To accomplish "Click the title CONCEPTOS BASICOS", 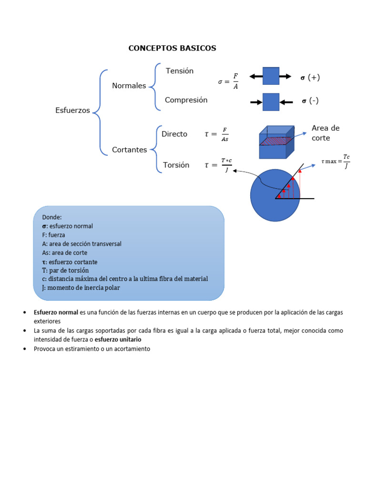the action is (x=172, y=48).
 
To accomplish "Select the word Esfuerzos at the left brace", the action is (x=72, y=110).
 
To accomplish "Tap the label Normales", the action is (x=129, y=86).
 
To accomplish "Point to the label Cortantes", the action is (x=130, y=150).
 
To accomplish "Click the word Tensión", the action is (x=180, y=71).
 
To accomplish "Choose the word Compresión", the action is (x=186, y=100).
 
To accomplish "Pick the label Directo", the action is (x=174, y=134).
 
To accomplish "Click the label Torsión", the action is (x=176, y=165).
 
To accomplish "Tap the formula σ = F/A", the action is (x=228, y=81).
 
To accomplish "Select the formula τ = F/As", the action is (x=216, y=134).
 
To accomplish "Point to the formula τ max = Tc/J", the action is (x=336, y=161).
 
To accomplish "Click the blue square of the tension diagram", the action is (x=271, y=76).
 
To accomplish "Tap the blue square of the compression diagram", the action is (x=271, y=102).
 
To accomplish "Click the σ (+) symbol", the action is (x=310, y=78).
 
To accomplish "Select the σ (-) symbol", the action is (x=310, y=101).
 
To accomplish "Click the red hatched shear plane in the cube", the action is (x=275, y=141).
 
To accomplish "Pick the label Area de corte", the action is (x=325, y=133).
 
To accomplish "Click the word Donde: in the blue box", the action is (x=52, y=217).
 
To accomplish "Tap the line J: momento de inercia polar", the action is (x=81, y=288).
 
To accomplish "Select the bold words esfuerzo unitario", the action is (x=118, y=339).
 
